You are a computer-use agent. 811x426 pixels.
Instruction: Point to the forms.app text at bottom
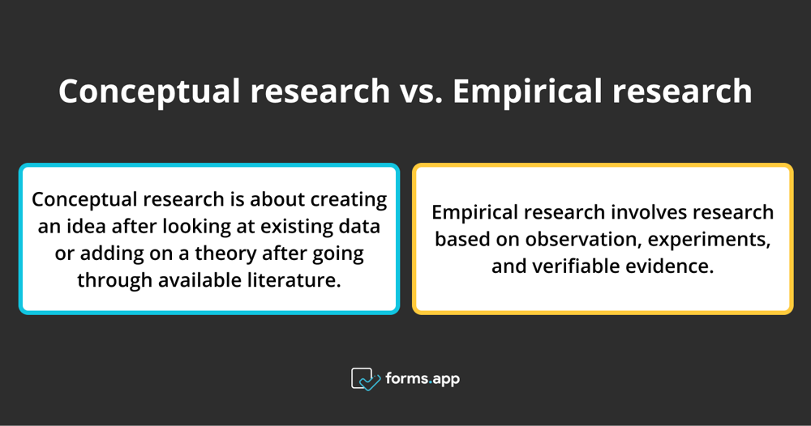tap(423, 378)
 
